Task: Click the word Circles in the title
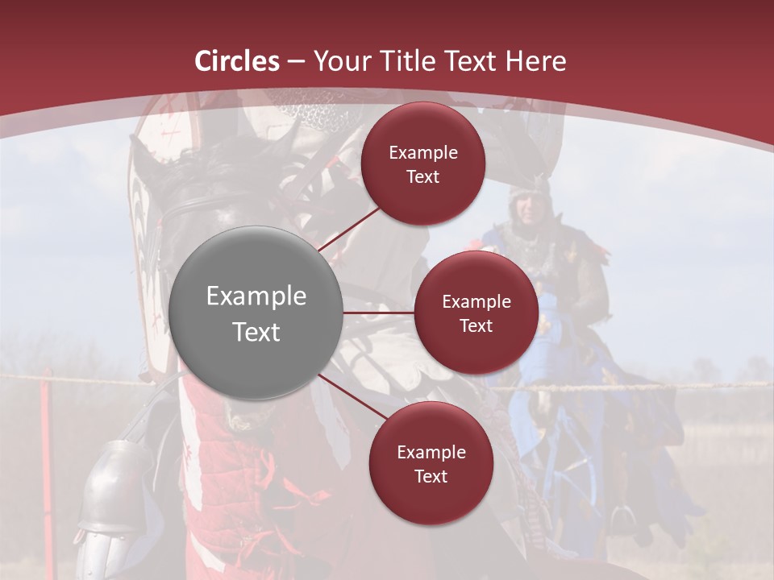(x=236, y=61)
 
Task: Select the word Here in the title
(x=535, y=61)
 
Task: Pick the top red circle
(x=422, y=164)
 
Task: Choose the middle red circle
(x=476, y=313)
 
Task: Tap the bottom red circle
(x=431, y=463)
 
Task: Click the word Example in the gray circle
(x=256, y=296)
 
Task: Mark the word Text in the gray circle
(x=256, y=332)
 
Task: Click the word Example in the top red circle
(x=422, y=153)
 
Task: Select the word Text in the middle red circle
(x=476, y=325)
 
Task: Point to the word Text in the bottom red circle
(x=431, y=476)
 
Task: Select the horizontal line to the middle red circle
(x=379, y=313)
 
